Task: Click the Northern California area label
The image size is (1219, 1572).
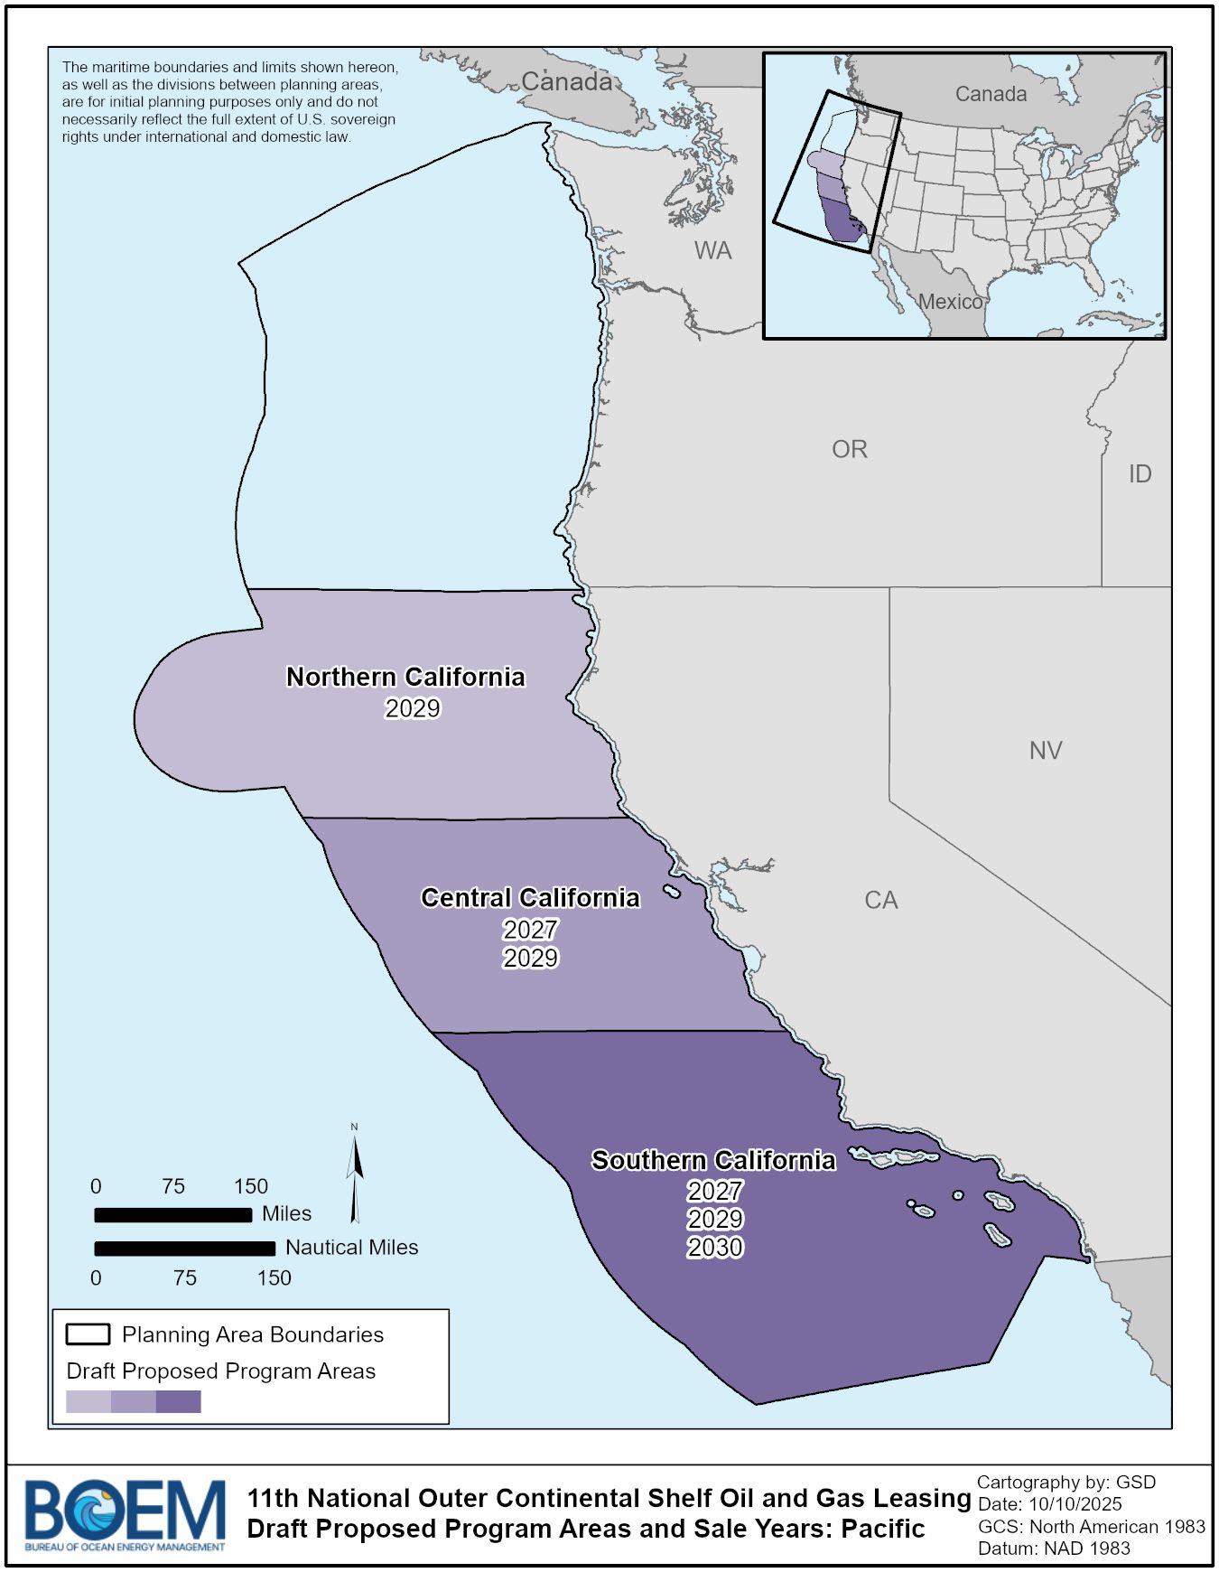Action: tap(405, 677)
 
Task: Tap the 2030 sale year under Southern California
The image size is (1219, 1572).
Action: tap(715, 1248)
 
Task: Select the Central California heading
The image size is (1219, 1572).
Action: tap(530, 897)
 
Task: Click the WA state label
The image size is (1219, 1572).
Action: tap(712, 250)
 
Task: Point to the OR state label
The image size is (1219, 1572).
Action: tap(849, 449)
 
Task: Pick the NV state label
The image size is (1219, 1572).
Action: tap(1046, 750)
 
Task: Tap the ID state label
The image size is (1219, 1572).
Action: tap(1140, 473)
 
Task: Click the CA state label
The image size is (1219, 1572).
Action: tap(880, 900)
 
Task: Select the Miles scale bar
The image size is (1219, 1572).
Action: tap(173, 1215)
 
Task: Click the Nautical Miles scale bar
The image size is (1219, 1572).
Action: tap(185, 1249)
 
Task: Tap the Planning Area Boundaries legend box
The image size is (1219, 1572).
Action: tap(88, 1334)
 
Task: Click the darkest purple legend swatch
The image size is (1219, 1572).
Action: tap(179, 1401)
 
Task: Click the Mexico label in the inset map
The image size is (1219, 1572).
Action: tap(950, 302)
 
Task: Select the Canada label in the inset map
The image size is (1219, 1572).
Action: tap(991, 94)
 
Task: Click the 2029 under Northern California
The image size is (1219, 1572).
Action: tap(413, 708)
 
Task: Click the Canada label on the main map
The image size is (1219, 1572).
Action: tap(566, 81)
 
